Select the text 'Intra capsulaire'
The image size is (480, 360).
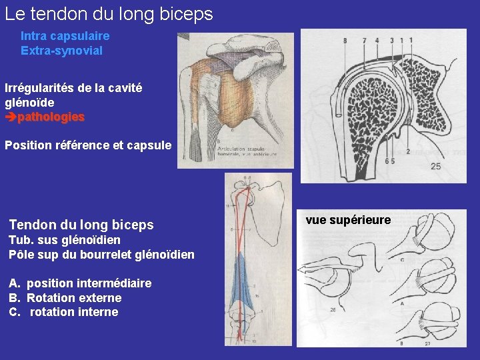point(65,36)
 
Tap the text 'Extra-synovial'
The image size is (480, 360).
point(61,50)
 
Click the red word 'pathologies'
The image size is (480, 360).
point(51,117)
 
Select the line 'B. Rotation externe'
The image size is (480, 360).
point(65,297)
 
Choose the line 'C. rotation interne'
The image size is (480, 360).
point(63,312)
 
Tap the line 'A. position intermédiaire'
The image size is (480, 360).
point(80,283)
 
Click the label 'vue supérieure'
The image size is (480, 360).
point(348,220)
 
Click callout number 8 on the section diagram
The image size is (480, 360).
point(345,41)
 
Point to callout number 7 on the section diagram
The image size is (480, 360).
point(364,41)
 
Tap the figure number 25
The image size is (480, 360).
point(435,166)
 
